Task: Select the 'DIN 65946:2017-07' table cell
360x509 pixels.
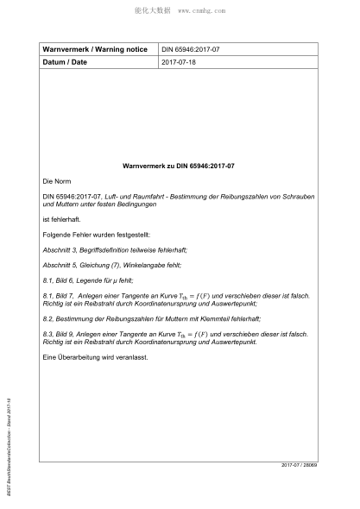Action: click(192, 50)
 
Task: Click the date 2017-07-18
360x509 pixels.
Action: click(179, 63)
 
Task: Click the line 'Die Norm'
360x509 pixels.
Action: click(55, 183)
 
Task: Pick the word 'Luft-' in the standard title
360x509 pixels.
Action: click(106, 198)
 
